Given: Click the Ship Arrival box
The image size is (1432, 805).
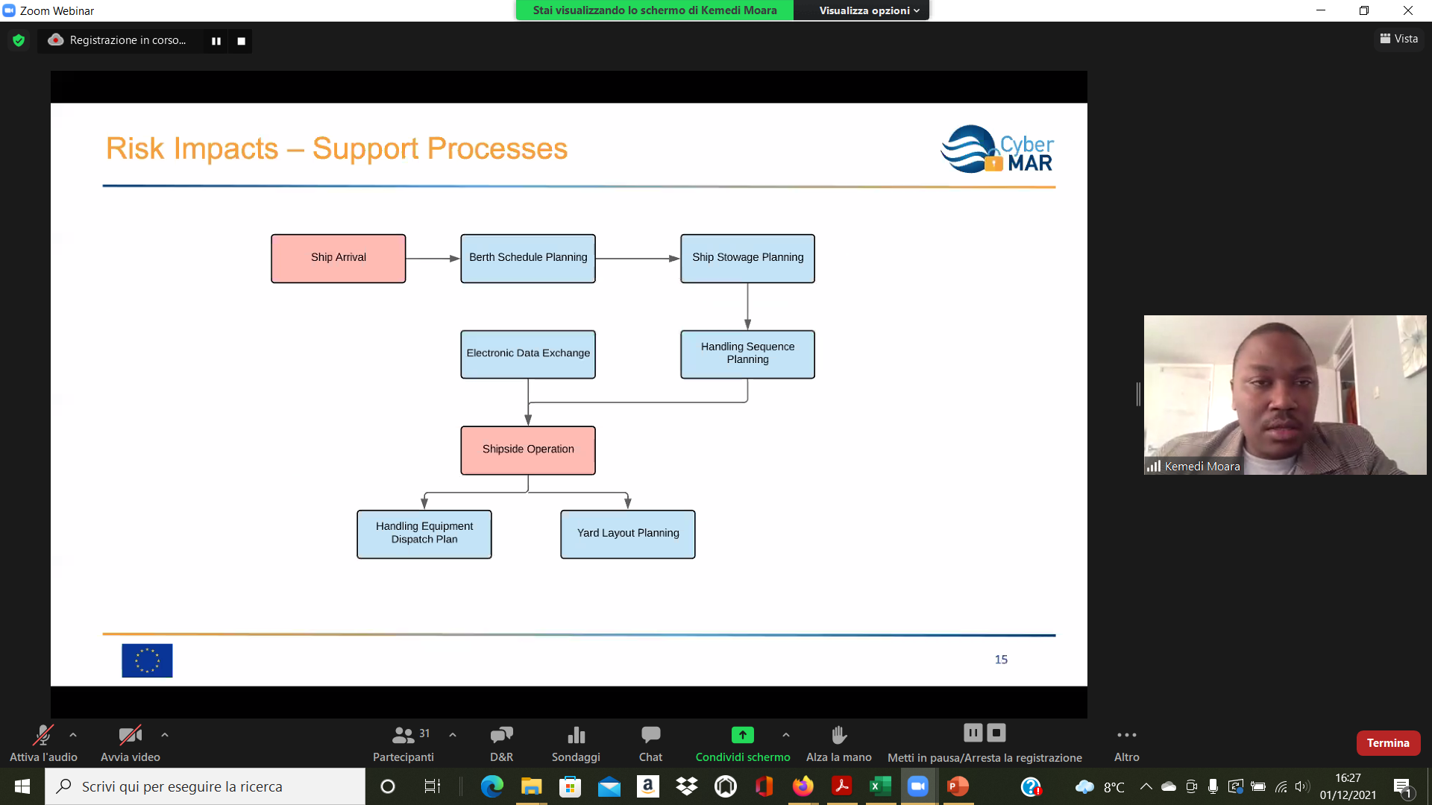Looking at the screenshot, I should point(338,258).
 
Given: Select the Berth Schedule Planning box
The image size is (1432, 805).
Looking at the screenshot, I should point(527,258).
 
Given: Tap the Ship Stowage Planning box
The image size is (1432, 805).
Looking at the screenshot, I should point(747,258).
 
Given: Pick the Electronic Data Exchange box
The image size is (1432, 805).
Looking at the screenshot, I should point(527,354).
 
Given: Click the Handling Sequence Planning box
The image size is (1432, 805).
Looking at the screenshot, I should point(747,354).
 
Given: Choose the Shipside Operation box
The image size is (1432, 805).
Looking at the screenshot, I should point(527,449).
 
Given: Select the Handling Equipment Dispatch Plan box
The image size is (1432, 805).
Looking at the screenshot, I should point(424,534).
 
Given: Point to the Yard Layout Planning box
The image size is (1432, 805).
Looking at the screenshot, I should point(627,534).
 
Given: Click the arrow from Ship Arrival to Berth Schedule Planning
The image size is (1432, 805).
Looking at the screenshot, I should point(433,259).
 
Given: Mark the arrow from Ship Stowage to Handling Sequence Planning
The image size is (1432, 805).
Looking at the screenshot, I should point(747,306).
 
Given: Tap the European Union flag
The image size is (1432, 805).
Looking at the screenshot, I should point(147,660).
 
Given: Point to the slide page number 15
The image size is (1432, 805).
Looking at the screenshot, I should point(1001,660).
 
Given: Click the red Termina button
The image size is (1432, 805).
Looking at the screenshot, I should point(1388,743).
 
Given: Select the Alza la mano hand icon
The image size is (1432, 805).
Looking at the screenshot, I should point(839,735).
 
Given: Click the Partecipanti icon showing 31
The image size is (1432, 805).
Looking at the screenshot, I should point(403,736).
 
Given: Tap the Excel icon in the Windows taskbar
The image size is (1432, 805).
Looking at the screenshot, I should point(880,786).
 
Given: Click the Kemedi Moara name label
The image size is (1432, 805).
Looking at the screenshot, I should point(1202,467).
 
